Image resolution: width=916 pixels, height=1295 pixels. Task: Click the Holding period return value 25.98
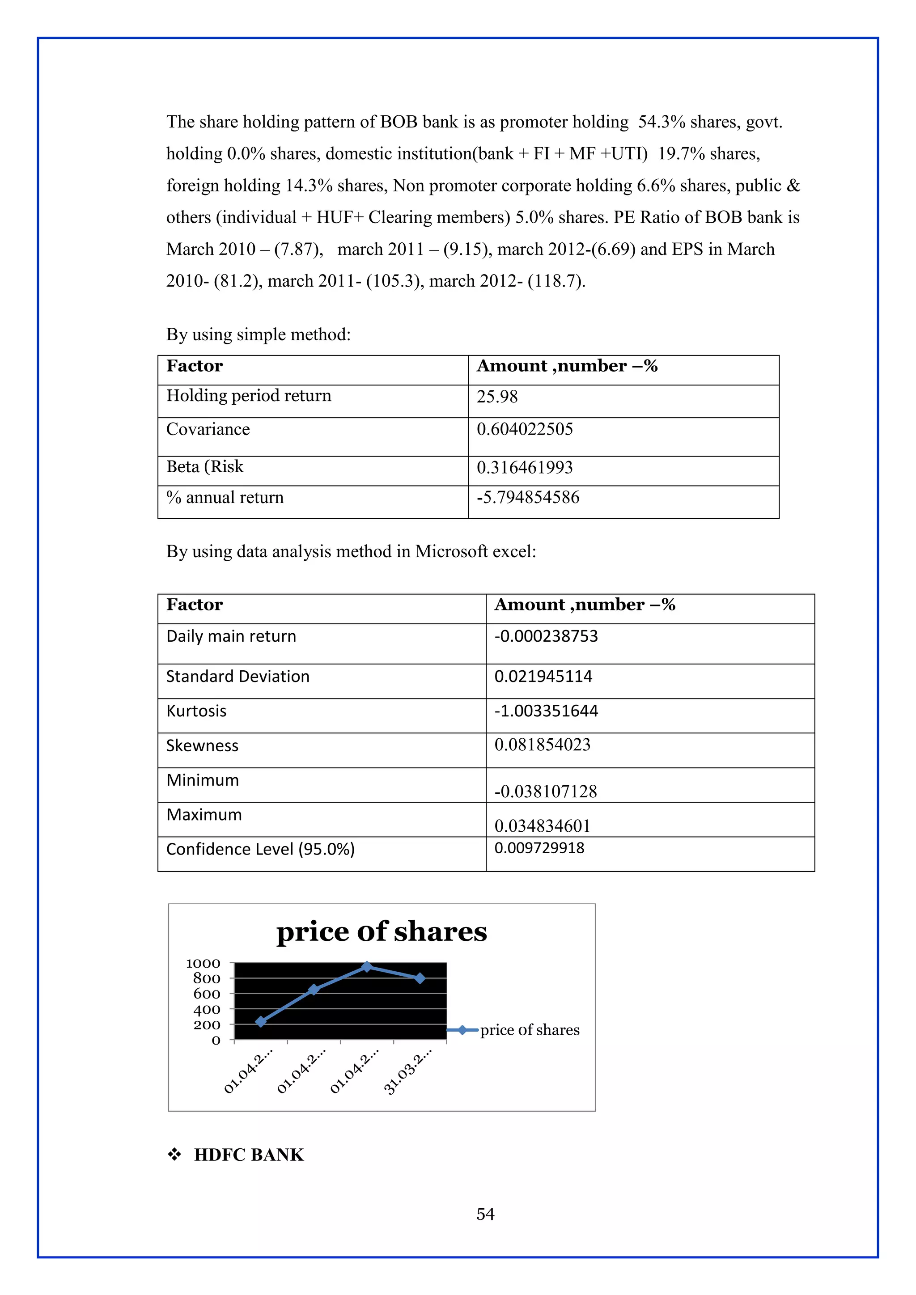tap(497, 397)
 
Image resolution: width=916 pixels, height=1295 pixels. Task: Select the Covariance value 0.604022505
tap(525, 429)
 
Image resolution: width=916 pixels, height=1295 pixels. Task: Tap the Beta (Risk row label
tap(205, 466)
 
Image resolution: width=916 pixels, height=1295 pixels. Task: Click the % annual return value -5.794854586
tap(528, 497)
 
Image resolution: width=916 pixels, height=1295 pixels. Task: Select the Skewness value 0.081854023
tap(542, 745)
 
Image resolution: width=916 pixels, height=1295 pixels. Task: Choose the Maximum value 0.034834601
tap(542, 826)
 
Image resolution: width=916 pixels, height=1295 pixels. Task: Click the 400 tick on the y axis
tap(207, 1009)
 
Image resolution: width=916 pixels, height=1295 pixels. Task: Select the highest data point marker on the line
tap(367, 967)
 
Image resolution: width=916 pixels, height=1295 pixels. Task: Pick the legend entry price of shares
tap(529, 1030)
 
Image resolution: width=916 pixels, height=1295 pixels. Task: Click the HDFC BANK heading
tap(249, 1155)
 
